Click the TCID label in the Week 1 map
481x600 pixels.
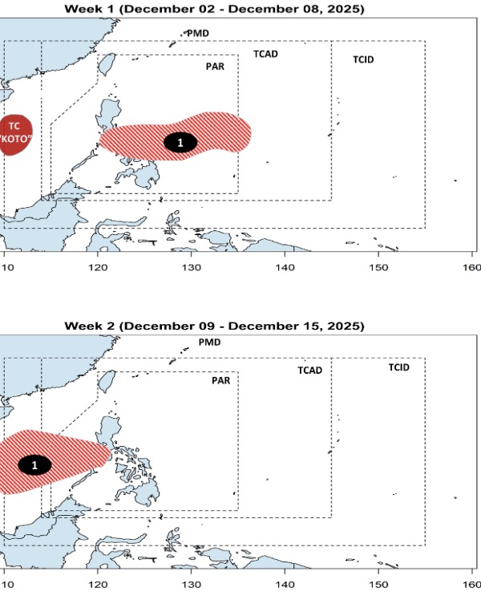pos(363,60)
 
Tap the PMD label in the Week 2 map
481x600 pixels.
pos(209,342)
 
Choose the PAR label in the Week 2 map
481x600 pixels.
pos(220,381)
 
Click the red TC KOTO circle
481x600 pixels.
pos(14,132)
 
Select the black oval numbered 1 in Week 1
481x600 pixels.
pos(180,142)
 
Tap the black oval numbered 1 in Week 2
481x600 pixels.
pos(34,464)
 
